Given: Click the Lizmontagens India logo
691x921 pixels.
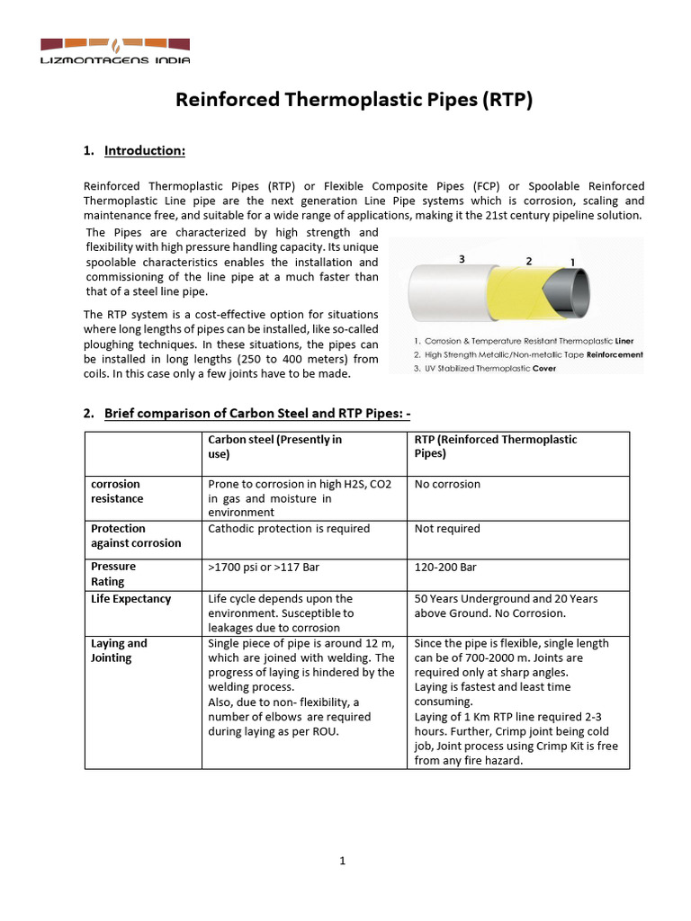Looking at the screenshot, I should click(116, 49).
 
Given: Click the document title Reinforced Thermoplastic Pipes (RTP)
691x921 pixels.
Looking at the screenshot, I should click(354, 101).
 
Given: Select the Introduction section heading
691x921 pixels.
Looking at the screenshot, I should click(145, 150).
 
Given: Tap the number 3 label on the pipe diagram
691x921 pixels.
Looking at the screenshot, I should click(462, 258).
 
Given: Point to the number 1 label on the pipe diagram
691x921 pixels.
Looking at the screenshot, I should click(573, 262).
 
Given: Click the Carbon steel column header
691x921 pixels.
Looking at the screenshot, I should click(274, 447).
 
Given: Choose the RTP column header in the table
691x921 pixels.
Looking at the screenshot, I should click(495, 447).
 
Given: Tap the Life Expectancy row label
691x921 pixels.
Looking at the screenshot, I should click(131, 598).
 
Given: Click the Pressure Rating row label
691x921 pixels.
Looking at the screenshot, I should click(113, 574).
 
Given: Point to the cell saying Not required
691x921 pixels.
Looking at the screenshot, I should click(447, 529).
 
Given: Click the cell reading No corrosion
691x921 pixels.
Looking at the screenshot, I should click(447, 484).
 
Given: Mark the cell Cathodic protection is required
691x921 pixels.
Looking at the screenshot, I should click(289, 529).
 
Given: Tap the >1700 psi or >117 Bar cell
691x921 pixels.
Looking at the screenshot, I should click(263, 567).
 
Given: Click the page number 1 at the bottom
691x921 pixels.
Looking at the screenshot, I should click(343, 861).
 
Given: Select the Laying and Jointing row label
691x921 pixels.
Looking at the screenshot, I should click(119, 650).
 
